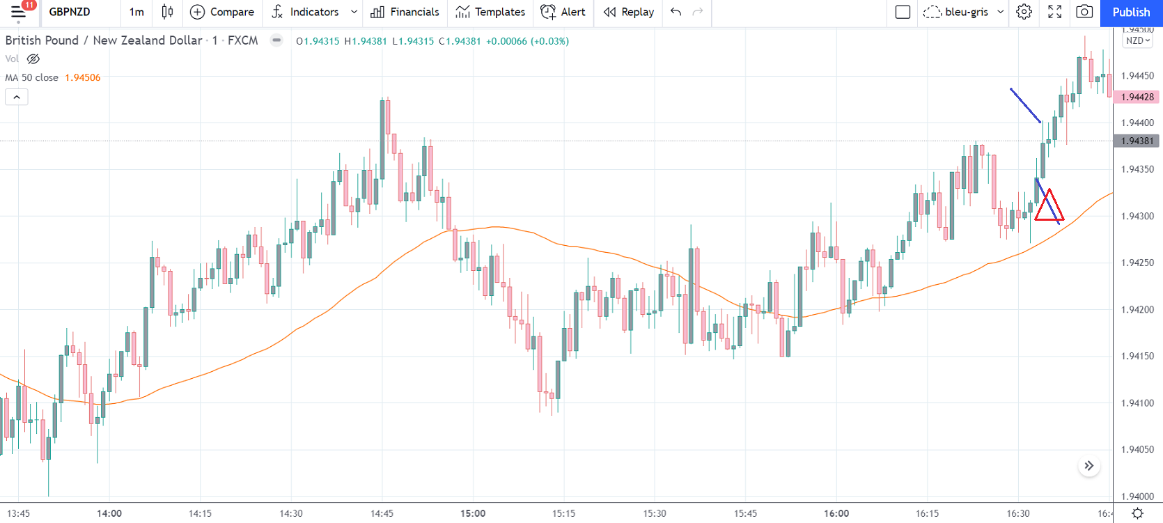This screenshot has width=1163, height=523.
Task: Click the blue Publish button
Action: coord(1131,13)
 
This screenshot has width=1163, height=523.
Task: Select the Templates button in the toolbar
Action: coord(490,13)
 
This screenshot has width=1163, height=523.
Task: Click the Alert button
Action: coord(563,13)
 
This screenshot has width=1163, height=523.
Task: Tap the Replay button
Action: coord(629,13)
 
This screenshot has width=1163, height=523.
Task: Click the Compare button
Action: coord(222,13)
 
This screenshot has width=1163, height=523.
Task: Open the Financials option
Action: coord(405,13)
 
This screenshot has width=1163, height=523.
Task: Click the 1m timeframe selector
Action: coord(136,13)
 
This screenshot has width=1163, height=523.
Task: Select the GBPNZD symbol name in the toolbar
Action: coord(70,13)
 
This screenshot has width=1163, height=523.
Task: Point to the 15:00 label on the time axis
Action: coord(473,513)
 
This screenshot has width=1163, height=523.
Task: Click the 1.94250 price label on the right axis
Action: coord(1137,263)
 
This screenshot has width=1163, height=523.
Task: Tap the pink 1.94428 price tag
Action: coord(1137,97)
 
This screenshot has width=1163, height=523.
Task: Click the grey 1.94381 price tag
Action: coord(1137,141)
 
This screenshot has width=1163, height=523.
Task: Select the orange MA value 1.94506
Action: coord(83,78)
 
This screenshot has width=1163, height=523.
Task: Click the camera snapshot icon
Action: coord(1084,13)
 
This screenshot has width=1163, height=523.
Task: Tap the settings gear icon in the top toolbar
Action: coord(1024,13)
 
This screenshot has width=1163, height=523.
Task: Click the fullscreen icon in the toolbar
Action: coord(1054,13)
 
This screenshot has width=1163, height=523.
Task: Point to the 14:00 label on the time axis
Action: coord(109,513)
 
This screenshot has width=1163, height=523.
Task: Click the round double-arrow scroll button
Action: coord(1088,466)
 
